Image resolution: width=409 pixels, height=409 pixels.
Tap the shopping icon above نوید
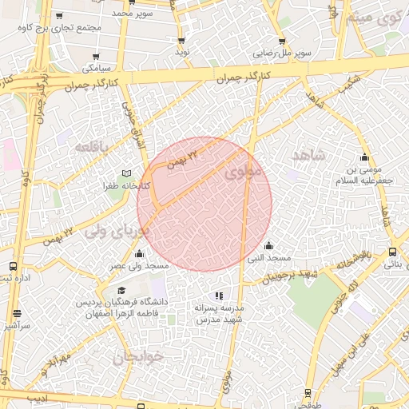[x=182, y=40]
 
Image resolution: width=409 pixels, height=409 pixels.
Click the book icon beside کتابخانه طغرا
[x=125, y=173]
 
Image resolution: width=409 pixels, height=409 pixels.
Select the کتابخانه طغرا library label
[x=122, y=185]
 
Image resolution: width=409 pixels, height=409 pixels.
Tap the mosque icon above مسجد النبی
[x=268, y=245]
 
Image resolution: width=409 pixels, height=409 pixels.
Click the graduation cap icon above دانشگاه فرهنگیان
[x=121, y=291]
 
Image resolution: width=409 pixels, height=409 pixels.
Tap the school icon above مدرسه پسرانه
[x=220, y=296]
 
